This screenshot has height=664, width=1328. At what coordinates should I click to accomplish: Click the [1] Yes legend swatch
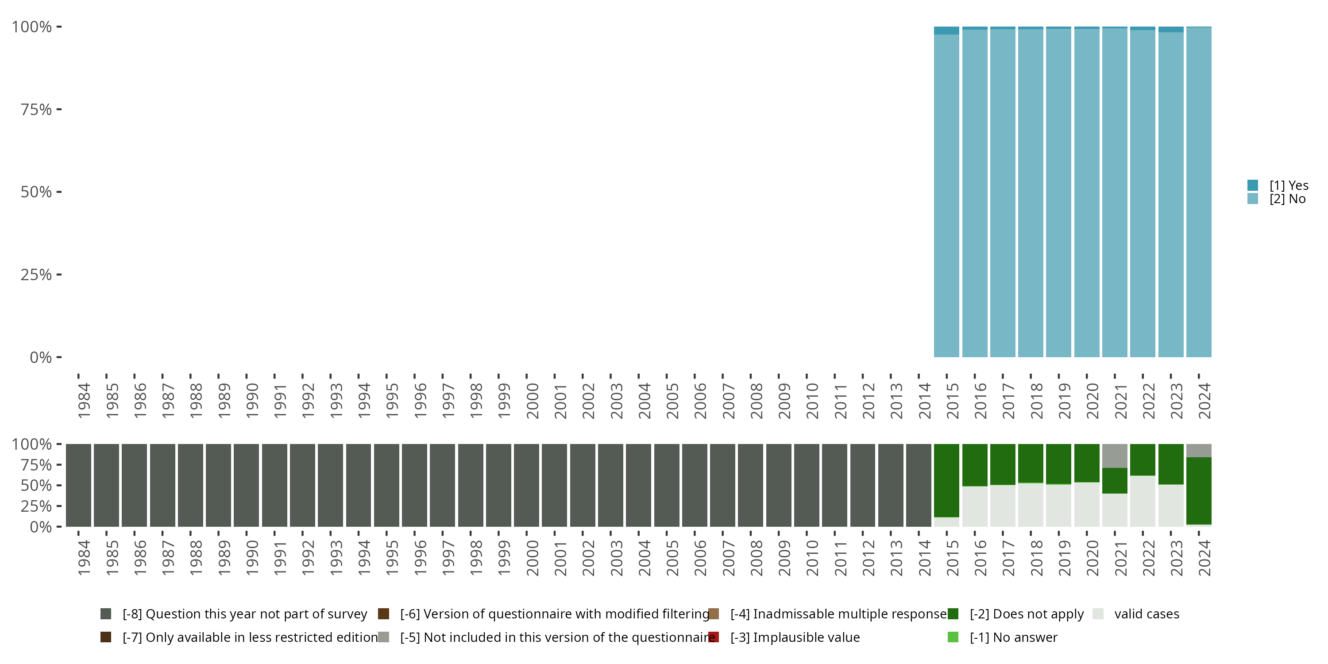(x=1253, y=185)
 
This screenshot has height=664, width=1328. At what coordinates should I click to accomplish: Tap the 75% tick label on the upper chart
(x=36, y=109)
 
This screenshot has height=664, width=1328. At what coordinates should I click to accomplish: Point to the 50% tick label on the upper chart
(x=36, y=192)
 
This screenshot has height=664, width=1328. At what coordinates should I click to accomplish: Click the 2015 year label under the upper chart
(x=952, y=401)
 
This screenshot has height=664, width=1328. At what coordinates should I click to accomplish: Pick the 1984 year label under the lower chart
(x=84, y=558)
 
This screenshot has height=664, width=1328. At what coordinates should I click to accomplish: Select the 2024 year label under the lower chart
(x=1204, y=558)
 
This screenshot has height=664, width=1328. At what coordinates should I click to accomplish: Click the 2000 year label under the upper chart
(x=532, y=401)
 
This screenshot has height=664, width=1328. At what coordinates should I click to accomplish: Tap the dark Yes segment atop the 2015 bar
(x=946, y=31)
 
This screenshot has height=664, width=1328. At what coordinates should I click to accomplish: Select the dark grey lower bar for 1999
(x=498, y=485)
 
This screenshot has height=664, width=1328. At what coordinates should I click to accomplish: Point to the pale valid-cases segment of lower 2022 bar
(x=1143, y=501)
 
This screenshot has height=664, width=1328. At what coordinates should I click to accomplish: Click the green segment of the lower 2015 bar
(x=946, y=480)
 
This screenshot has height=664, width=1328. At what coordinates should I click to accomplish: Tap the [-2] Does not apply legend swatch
(x=953, y=614)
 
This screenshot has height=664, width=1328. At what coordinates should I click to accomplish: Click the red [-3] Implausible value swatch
(x=714, y=637)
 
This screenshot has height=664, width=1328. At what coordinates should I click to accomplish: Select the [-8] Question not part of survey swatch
(x=106, y=614)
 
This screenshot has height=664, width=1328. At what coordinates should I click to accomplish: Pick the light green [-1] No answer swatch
(x=953, y=637)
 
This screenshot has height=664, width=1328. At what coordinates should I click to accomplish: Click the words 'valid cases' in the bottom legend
(x=1147, y=614)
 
